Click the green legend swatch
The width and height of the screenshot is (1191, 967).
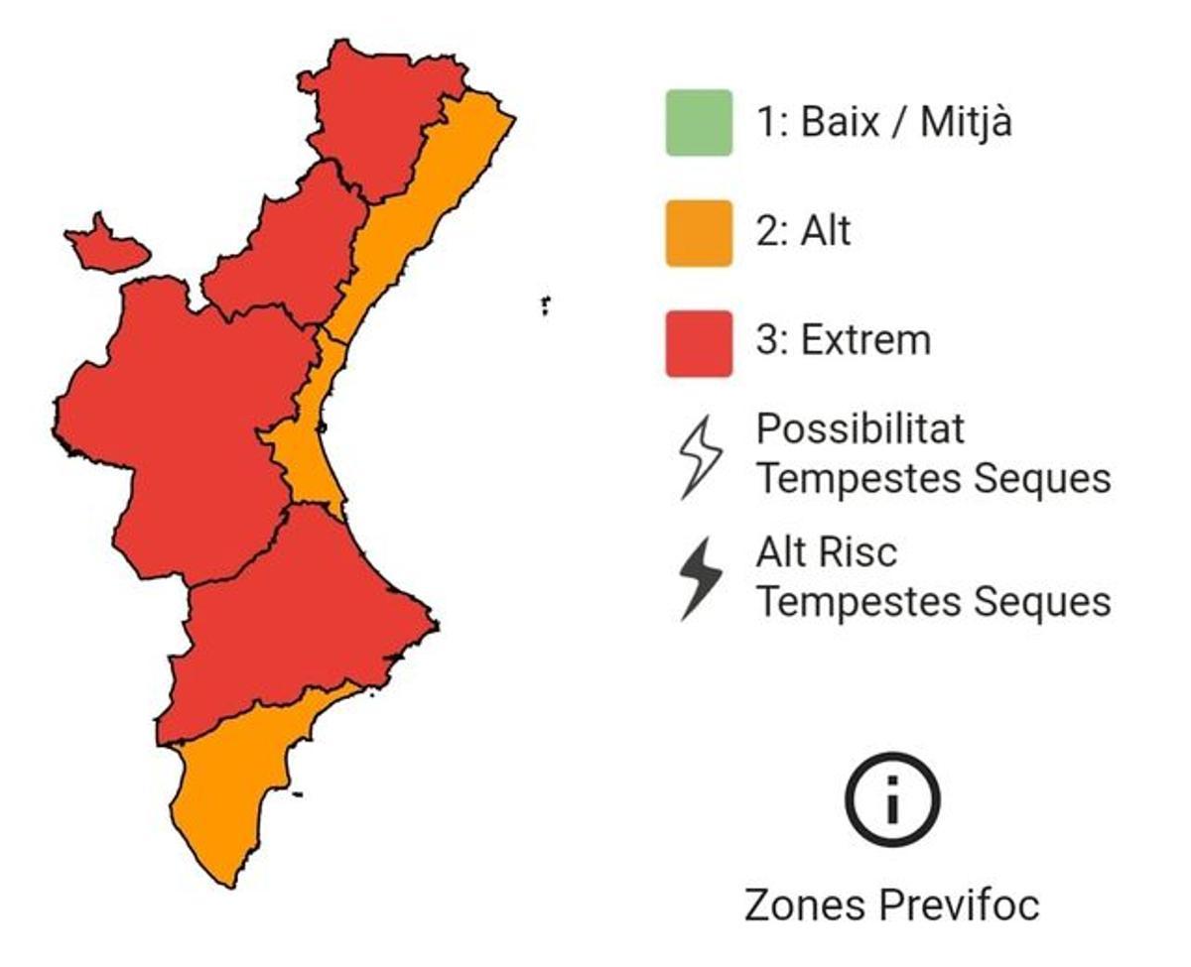pos(699,123)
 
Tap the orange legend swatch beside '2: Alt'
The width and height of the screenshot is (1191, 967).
pos(699,233)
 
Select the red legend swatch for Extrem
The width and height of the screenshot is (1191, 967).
pos(699,343)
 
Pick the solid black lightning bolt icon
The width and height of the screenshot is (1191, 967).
pos(701,579)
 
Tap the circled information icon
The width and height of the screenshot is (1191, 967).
pos(892,799)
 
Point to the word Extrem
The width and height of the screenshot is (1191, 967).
pos(865,341)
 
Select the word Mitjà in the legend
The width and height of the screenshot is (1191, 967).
pos(966,123)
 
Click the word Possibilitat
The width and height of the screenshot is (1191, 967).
pos(860,429)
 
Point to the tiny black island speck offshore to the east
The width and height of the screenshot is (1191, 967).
pos(545,303)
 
